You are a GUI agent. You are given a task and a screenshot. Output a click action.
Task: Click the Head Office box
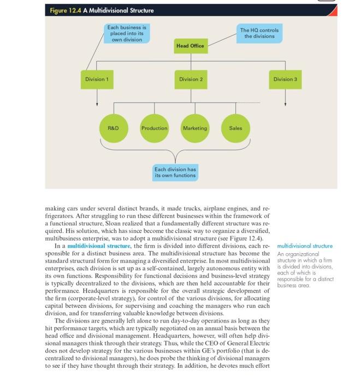(190, 46)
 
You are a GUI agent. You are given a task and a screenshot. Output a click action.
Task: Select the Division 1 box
(97, 79)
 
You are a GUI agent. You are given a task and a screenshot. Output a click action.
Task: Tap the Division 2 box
(191, 79)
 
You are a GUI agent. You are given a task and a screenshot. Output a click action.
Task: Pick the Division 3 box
(285, 79)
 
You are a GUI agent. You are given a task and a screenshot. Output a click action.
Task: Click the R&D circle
(113, 128)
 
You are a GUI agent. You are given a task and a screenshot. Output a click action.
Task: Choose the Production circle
(154, 128)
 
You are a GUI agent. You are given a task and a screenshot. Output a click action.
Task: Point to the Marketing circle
(195, 128)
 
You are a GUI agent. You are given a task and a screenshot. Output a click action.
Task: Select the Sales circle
(235, 128)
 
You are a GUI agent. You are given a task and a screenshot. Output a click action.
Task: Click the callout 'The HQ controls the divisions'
(259, 33)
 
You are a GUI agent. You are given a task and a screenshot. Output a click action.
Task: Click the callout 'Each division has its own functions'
(175, 172)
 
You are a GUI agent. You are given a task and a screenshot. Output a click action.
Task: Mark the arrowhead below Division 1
(97, 103)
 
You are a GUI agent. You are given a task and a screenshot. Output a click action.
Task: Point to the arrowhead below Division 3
(285, 103)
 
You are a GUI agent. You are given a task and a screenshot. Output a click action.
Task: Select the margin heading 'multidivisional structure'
(305, 246)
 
